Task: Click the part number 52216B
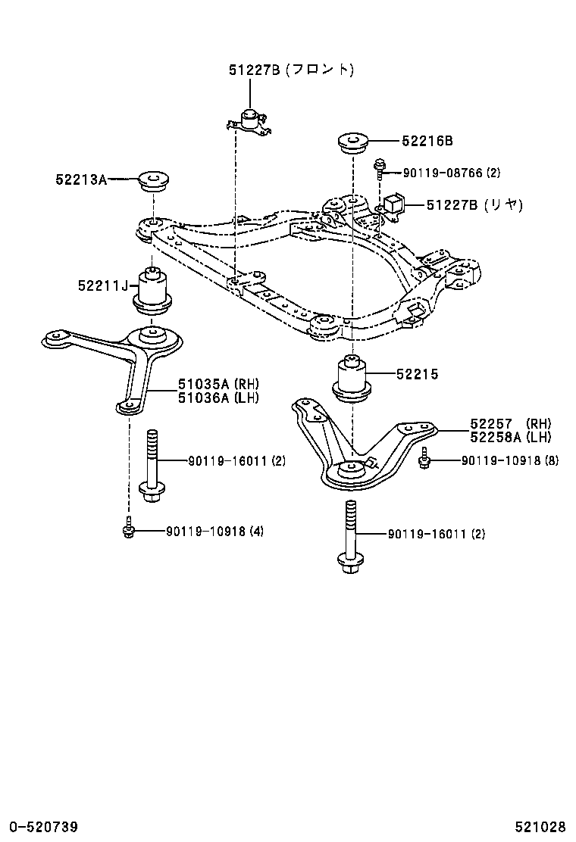pyautogui.click(x=427, y=141)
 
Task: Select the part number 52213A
pyautogui.click(x=80, y=179)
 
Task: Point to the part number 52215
pyautogui.click(x=416, y=374)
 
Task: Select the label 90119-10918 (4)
pyautogui.click(x=215, y=532)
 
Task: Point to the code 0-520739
pyautogui.click(x=43, y=825)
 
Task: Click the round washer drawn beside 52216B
pyautogui.click(x=352, y=142)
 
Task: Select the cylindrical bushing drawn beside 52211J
pyautogui.click(x=153, y=292)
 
